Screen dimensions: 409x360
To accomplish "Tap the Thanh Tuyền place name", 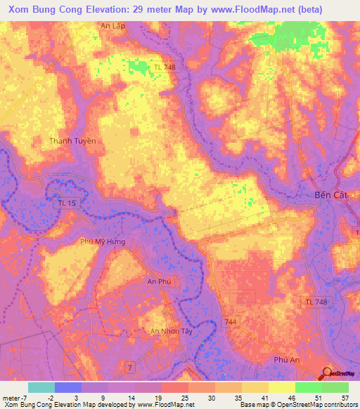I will point(72,141).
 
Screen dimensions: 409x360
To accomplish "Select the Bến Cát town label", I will point(328,195).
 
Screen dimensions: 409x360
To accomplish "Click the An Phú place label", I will point(159,281).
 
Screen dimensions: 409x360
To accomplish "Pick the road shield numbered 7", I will point(129,368).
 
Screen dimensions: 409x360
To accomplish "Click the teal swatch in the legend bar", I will point(41,387).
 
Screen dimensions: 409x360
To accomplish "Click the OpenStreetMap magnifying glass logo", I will point(328,373).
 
